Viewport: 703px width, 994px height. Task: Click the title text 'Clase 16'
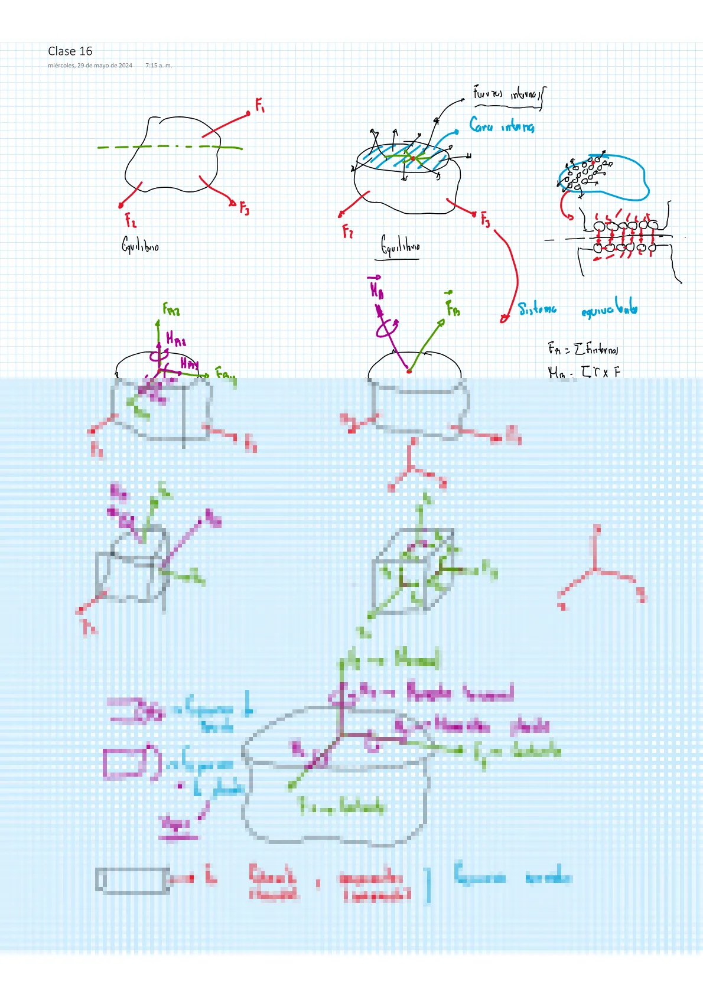click(x=70, y=51)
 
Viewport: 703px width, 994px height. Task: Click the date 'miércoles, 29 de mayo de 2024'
click(x=90, y=66)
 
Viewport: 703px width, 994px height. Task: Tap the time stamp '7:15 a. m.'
click(x=158, y=66)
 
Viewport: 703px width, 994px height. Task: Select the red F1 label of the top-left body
click(x=260, y=105)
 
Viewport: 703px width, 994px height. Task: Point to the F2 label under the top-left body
click(x=131, y=220)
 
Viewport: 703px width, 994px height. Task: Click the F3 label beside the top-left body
click(x=244, y=208)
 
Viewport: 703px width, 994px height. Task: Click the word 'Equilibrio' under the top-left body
click(x=140, y=245)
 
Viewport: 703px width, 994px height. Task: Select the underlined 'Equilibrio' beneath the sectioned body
click(x=400, y=245)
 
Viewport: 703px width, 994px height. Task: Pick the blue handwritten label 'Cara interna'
click(x=502, y=125)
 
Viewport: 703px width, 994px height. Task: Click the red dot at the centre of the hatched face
click(x=412, y=159)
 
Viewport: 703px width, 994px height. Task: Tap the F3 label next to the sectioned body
click(x=485, y=220)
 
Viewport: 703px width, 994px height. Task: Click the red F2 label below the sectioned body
click(x=347, y=230)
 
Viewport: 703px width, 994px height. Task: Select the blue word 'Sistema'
click(x=537, y=309)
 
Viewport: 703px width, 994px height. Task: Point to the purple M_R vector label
click(x=376, y=289)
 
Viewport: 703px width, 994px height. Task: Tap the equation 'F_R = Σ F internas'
click(x=582, y=349)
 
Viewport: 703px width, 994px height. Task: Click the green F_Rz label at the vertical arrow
click(x=171, y=309)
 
